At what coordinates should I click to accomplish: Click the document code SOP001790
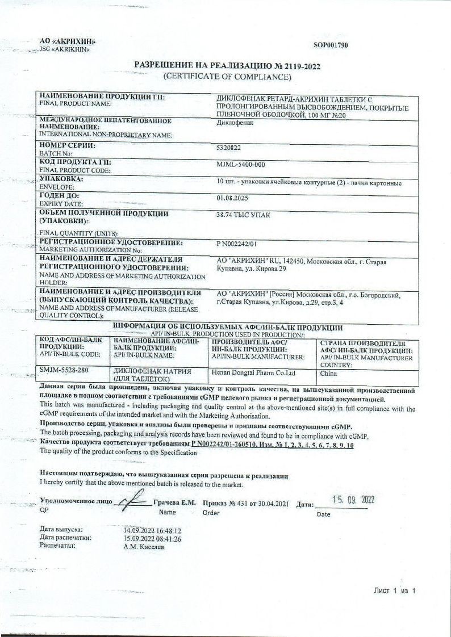331,45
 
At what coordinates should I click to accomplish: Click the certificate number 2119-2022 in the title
299,66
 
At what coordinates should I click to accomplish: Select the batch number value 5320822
229,147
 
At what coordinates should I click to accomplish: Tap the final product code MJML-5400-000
241,165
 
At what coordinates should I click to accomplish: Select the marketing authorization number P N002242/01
237,244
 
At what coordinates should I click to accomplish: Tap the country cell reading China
329,374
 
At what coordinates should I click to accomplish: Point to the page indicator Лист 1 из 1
395,591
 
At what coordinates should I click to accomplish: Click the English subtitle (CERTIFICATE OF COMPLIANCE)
227,76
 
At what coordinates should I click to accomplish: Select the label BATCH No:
55,153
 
